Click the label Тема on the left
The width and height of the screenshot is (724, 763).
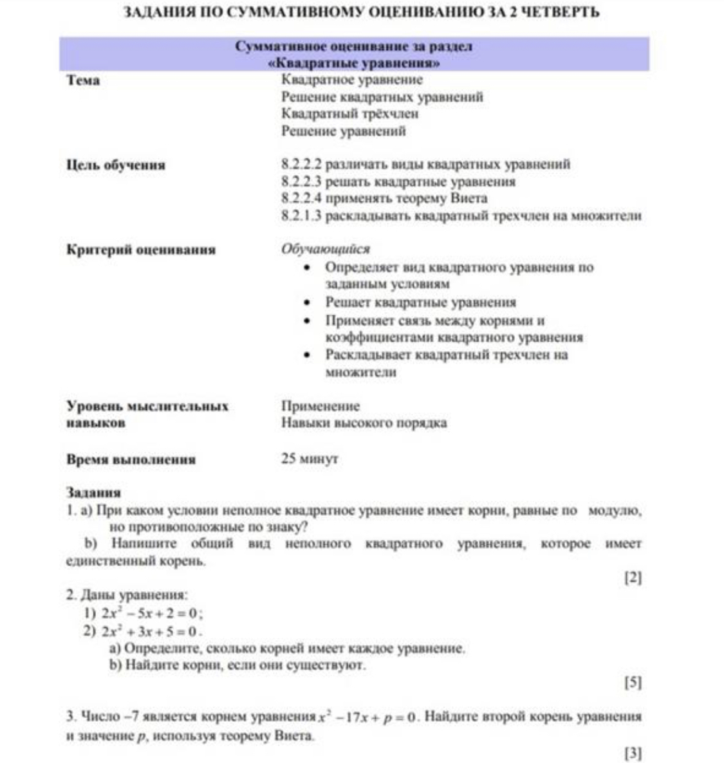83,80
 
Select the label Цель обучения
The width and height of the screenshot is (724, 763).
116,165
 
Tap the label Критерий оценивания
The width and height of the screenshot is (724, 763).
141,250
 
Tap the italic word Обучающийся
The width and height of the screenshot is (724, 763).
325,249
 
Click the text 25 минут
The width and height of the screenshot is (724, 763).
310,459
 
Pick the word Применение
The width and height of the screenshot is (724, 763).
320,406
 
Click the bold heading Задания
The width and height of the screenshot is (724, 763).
93,493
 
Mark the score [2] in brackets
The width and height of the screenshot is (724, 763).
633,578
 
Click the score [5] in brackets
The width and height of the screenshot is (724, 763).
633,683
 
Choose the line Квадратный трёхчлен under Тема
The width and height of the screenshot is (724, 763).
349,114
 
